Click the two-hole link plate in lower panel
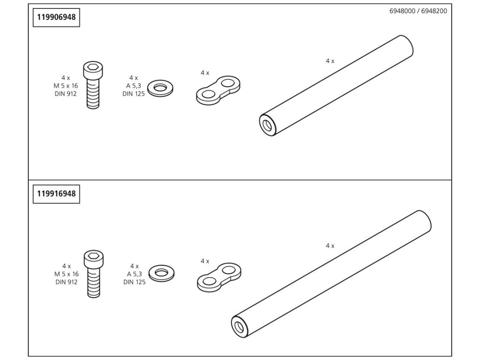point(219,275)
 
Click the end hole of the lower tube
point(240,325)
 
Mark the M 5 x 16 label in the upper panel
point(66,85)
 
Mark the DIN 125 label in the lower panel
point(135,282)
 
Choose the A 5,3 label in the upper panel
point(134,85)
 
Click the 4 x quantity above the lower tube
point(330,246)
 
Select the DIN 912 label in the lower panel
point(66,282)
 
